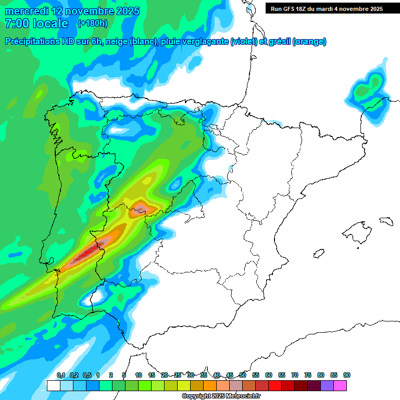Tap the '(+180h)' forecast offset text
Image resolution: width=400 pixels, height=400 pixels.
pos(93,23)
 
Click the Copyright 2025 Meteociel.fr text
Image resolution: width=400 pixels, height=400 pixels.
pos(221,396)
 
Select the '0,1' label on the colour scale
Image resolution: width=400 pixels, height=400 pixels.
pos(60,376)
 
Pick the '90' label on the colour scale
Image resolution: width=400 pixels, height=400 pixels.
pos(346,376)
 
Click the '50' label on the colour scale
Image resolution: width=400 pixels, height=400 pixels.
pos(243,376)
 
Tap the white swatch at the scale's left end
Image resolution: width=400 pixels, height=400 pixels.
pos(53,385)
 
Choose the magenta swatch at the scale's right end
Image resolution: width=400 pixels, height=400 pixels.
pos(340,385)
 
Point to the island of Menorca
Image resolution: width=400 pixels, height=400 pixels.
pos(385,221)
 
